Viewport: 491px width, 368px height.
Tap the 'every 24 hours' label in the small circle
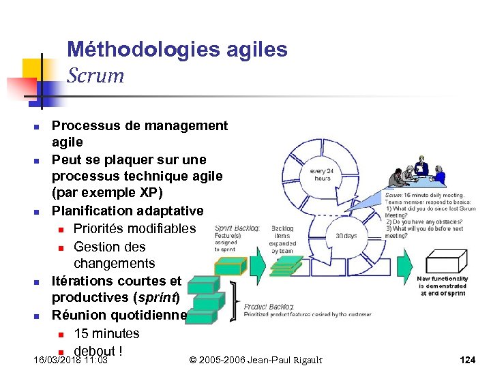click(x=321, y=174)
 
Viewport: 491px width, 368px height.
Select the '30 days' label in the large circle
click(x=346, y=236)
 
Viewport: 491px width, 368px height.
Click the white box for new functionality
click(x=445, y=262)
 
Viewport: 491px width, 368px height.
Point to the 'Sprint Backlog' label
click(x=236, y=229)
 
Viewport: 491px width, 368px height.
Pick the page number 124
click(x=467, y=360)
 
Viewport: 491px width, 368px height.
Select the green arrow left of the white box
click(x=404, y=262)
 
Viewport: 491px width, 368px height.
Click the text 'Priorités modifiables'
click(x=134, y=228)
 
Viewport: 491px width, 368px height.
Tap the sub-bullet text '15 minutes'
click(x=106, y=333)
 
